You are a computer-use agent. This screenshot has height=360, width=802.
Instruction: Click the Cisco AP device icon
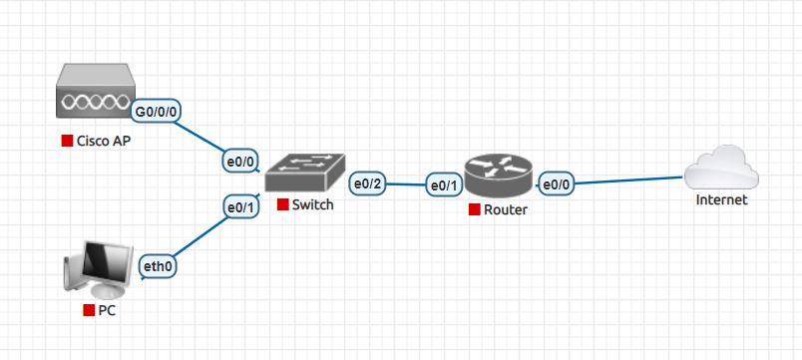point(95,97)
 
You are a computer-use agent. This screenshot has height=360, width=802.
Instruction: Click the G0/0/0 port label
point(158,110)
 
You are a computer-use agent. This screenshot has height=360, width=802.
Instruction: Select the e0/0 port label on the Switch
point(240,161)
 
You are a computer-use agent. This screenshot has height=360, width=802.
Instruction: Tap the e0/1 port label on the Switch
point(240,206)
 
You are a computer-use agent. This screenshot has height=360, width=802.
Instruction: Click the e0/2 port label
point(368,182)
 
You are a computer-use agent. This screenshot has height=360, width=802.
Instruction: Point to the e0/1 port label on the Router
point(443,184)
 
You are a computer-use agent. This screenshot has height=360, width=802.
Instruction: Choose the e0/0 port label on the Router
point(555,183)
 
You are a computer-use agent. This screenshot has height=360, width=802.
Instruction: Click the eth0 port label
point(160,266)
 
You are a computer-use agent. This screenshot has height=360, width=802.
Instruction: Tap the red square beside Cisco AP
point(67,141)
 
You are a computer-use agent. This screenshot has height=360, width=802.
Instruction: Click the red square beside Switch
point(282,205)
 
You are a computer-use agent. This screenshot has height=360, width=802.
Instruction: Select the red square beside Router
point(473,209)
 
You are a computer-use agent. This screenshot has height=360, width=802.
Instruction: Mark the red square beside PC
point(88,310)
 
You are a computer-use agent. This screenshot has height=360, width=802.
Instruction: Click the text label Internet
point(721,200)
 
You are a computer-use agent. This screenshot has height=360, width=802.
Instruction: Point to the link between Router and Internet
point(628,180)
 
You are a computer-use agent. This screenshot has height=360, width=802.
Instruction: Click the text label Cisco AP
point(104,141)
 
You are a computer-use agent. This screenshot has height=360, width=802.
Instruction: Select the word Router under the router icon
point(505,209)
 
